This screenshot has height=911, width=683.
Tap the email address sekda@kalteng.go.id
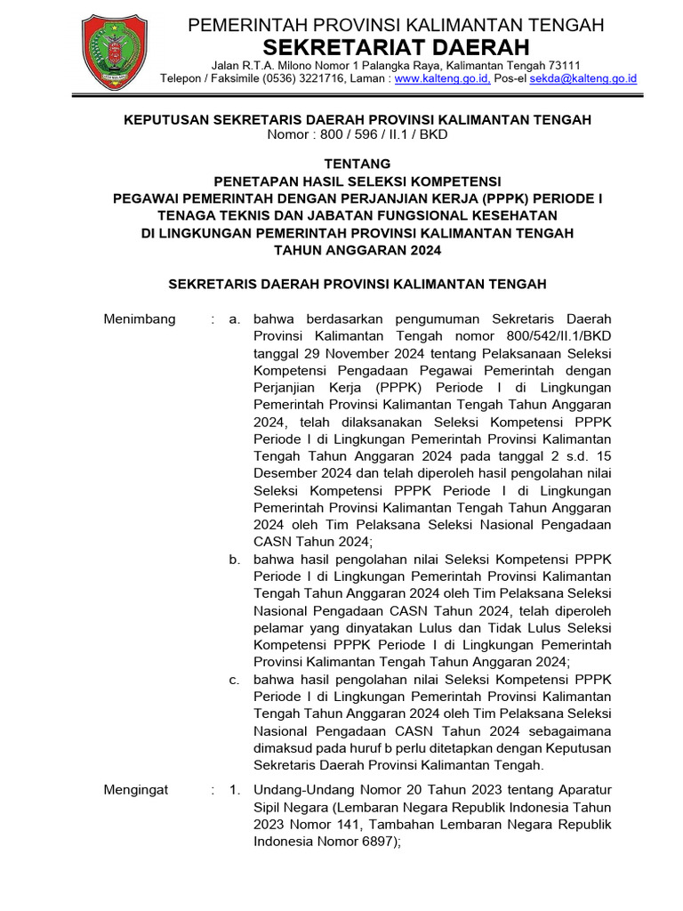click(x=583, y=79)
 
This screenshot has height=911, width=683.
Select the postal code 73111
click(x=562, y=65)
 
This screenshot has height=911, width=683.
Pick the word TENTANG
click(x=358, y=164)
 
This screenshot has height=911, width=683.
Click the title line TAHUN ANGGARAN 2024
click(x=358, y=250)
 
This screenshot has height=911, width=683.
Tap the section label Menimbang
click(x=140, y=319)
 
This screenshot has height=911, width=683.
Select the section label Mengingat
click(x=136, y=790)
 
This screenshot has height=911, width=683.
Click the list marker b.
click(x=234, y=560)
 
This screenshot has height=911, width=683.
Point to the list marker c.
click(x=234, y=680)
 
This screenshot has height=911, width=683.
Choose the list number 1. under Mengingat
click(x=234, y=790)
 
